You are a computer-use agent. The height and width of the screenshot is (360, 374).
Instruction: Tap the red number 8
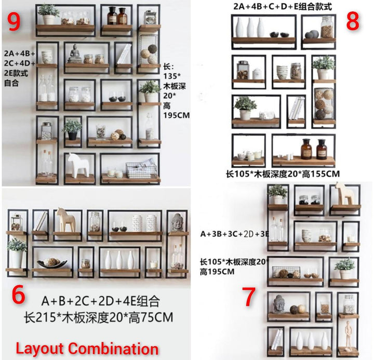tap(353, 21)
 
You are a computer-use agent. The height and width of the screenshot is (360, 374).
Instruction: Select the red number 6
tap(18, 295)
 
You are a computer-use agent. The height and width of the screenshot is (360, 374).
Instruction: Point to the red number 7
tap(249, 297)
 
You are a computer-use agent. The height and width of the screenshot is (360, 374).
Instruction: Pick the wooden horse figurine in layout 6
tap(63, 220)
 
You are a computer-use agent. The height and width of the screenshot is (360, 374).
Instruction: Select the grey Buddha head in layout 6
tap(178, 222)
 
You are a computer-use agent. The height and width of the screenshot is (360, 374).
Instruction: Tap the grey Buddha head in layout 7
tap(278, 304)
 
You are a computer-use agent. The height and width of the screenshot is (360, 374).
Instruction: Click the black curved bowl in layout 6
tap(52, 262)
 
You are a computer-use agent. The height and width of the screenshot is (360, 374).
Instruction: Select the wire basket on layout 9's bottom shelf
tap(141, 170)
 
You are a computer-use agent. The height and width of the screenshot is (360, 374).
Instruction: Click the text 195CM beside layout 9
tap(177, 115)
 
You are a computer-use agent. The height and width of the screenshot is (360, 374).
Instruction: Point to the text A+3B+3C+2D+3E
tap(234, 234)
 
